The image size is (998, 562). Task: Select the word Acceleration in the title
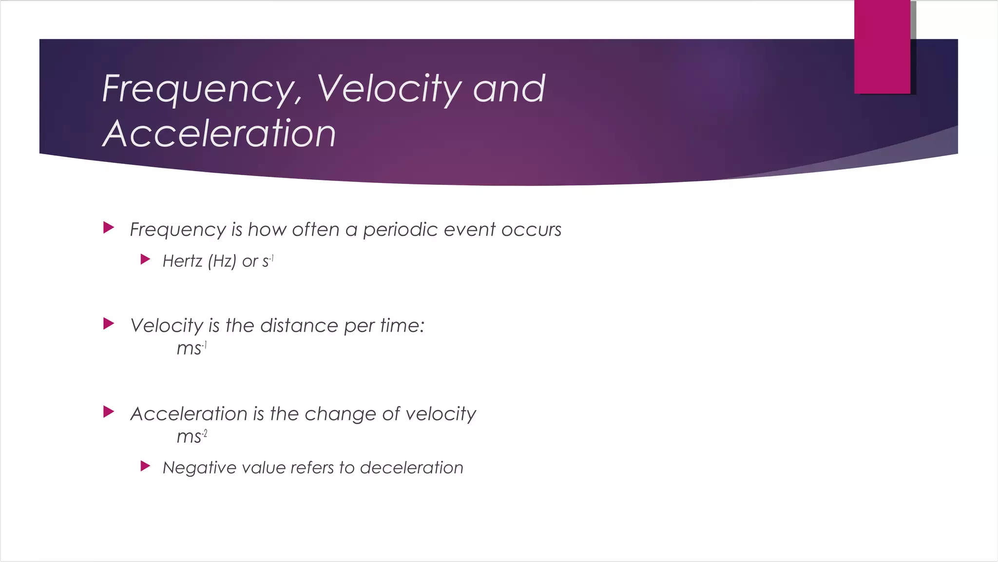tap(219, 134)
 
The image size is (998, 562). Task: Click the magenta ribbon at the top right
tap(882, 46)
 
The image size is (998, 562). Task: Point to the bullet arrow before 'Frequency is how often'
tap(109, 228)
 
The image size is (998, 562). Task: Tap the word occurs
tap(531, 230)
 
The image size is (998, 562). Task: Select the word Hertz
tap(182, 261)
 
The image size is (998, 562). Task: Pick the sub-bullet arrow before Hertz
tap(145, 260)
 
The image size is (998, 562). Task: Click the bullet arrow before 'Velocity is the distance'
tap(109, 324)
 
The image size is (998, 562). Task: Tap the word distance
tap(299, 325)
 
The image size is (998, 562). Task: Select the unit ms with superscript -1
tap(191, 348)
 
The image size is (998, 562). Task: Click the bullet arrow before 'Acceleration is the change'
tap(109, 412)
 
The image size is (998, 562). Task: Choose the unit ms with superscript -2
tap(191, 436)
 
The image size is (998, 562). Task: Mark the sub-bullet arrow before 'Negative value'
tap(145, 466)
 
